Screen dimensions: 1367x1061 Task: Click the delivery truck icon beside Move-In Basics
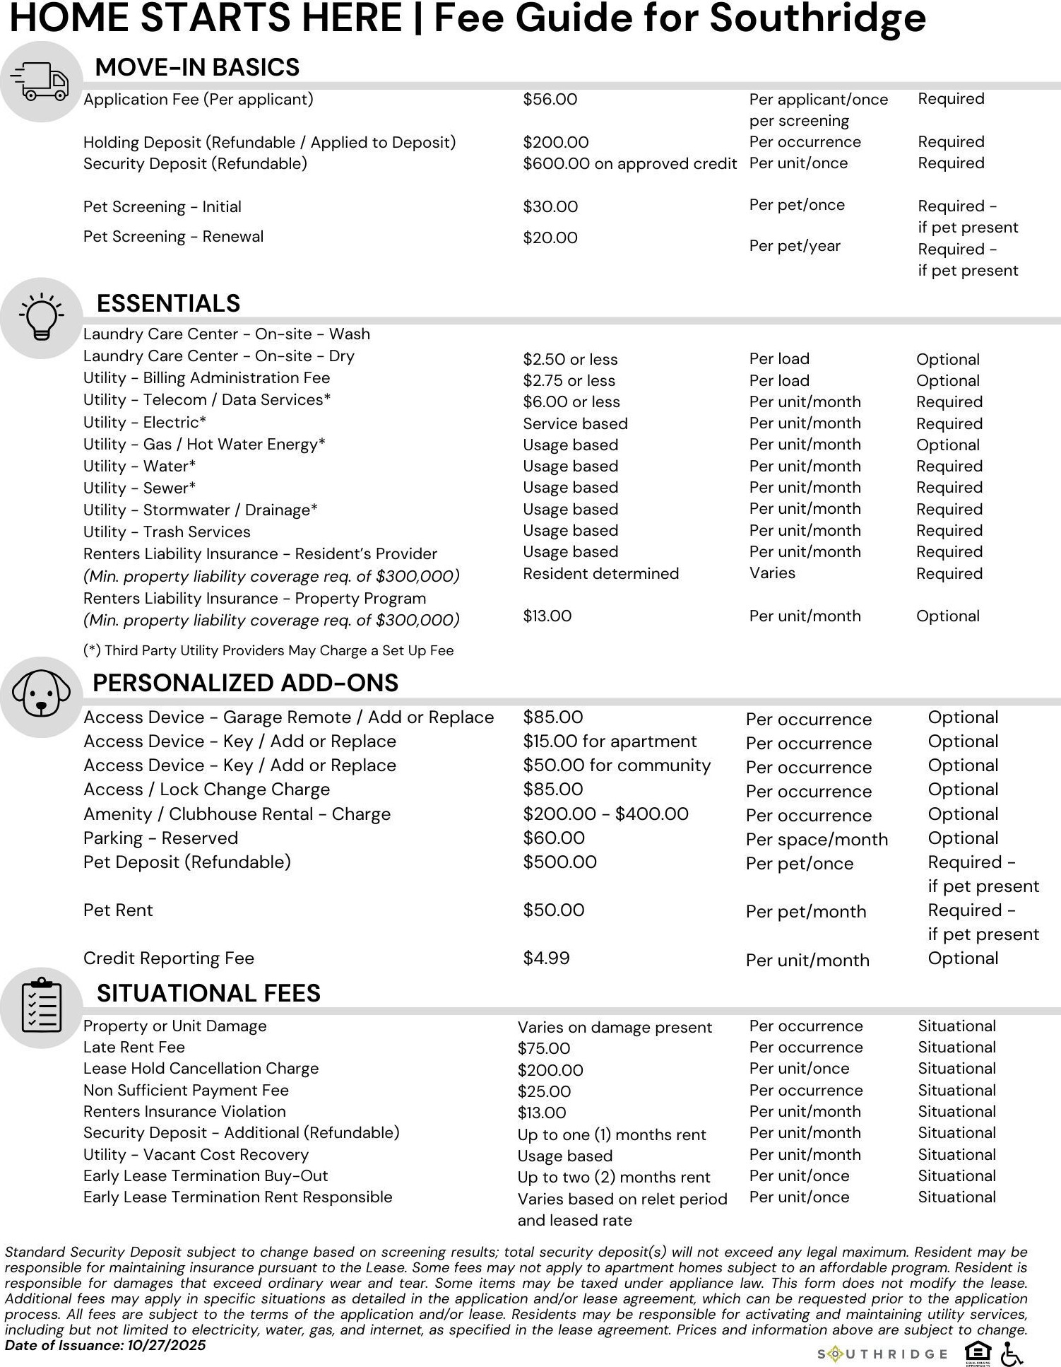point(43,82)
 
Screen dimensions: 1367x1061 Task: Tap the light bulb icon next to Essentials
point(41,317)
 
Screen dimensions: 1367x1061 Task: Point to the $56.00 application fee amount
point(550,100)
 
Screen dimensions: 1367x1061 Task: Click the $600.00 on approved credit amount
point(629,164)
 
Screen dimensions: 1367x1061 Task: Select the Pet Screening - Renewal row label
point(173,237)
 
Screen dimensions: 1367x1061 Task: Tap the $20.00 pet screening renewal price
point(550,238)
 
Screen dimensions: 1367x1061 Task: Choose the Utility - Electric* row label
point(145,423)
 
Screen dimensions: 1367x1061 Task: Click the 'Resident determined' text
point(600,574)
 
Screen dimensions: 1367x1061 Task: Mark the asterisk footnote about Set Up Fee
point(268,651)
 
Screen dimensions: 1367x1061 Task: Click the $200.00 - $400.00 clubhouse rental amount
point(605,814)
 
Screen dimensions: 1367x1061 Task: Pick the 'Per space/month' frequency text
point(817,840)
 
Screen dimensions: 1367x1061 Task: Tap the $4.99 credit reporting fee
point(546,958)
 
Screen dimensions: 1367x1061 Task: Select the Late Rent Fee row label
point(134,1048)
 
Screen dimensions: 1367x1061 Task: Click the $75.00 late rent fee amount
point(543,1049)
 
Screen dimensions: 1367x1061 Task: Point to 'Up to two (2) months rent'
point(613,1178)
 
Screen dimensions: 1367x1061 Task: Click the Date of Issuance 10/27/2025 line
point(105,1345)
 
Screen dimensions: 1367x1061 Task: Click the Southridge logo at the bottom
point(883,1354)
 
